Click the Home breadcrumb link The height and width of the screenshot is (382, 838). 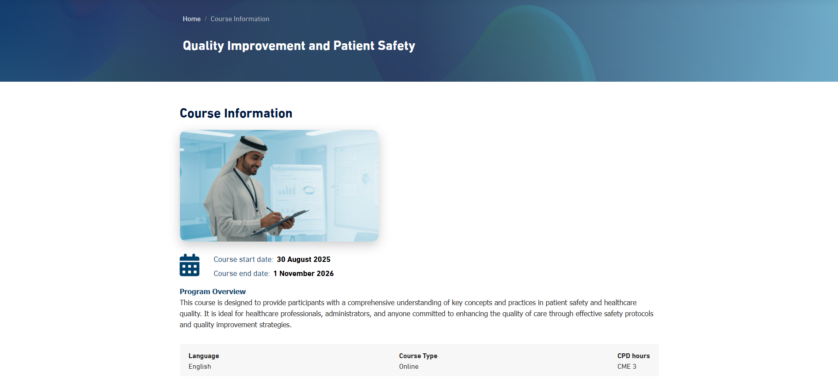coord(191,19)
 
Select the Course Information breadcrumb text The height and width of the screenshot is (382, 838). coord(240,19)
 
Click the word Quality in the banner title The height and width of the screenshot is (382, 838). coord(203,46)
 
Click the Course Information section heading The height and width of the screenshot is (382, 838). coord(236,113)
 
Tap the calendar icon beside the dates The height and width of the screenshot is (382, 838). coord(190,265)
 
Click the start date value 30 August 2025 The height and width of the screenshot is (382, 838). coord(304,260)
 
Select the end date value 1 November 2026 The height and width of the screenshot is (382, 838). coord(304,274)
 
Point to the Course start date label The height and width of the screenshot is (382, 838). coord(244,260)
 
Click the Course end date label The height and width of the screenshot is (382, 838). coord(242,274)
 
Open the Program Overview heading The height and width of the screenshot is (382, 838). coord(213,291)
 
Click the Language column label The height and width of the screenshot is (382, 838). coord(204,356)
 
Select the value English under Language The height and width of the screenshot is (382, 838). coord(200,367)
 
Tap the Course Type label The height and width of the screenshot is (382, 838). coord(418,356)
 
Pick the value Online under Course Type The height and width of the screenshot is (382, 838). coord(409,367)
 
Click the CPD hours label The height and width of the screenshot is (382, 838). coord(633,356)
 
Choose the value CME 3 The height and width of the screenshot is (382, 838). coord(627,367)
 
